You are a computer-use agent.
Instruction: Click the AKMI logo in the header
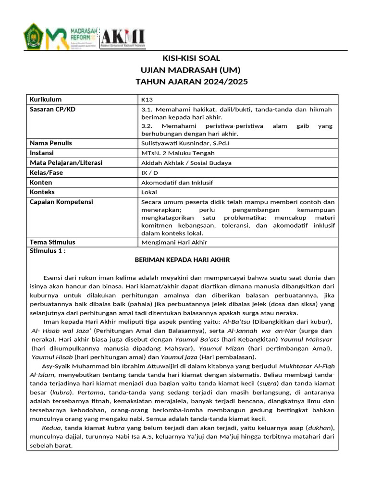pyautogui.click(x=123, y=36)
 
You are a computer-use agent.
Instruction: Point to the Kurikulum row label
pyautogui.click(x=46, y=99)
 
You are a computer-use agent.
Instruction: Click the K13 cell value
pyautogui.click(x=147, y=100)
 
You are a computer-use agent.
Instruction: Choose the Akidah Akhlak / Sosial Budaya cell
pyautogui.click(x=179, y=163)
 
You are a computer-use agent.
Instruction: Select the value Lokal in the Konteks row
pyautogui.click(x=149, y=192)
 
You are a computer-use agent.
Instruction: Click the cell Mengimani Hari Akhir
pyautogui.click(x=174, y=242)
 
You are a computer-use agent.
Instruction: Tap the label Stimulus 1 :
pyautogui.click(x=48, y=251)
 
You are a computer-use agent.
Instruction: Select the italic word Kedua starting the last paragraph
pyautogui.click(x=51, y=428)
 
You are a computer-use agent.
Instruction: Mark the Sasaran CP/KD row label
pyautogui.click(x=52, y=109)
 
